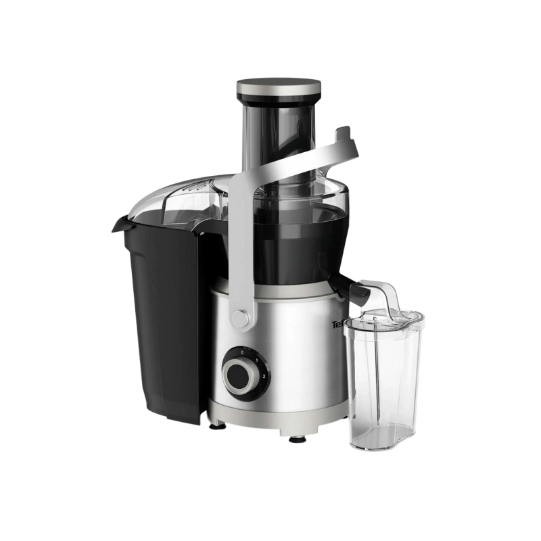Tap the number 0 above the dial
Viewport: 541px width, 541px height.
[241, 344]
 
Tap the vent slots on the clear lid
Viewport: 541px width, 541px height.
[196, 184]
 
